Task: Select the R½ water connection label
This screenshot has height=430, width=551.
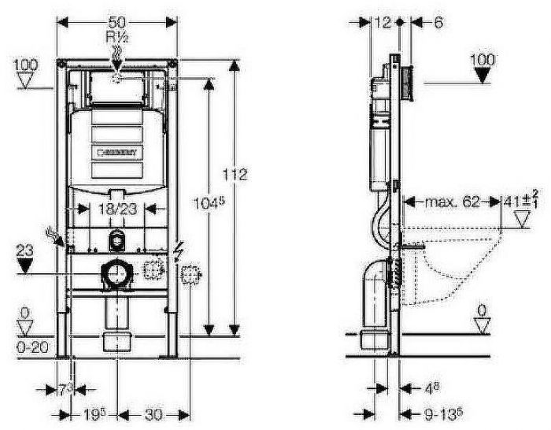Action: click(117, 36)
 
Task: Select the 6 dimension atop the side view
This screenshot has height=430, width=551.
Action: click(438, 24)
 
